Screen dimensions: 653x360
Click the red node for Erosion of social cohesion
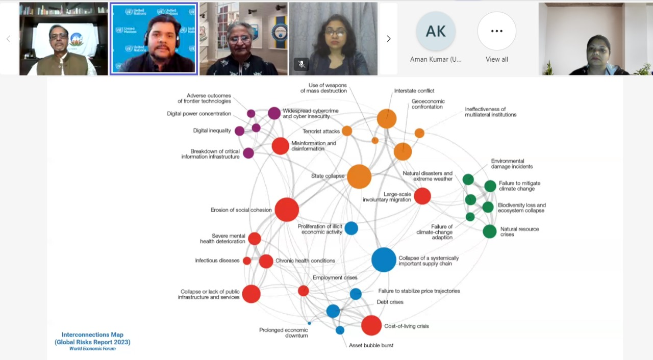[287, 210]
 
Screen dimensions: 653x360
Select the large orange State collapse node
[359, 176]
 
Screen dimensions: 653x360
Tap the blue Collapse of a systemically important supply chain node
[384, 260]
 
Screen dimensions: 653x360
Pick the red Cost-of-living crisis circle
[371, 325]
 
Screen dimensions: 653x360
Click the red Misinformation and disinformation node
[281, 146]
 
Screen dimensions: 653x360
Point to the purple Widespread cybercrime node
[274, 113]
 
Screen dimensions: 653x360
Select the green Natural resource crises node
[489, 232]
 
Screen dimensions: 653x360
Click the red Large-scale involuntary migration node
[422, 196]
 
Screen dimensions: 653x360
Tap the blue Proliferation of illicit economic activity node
[351, 228]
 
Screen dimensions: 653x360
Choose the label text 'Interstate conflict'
[414, 91]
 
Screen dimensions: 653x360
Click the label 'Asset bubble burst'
[371, 345]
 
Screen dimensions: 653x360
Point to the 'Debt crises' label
[390, 302]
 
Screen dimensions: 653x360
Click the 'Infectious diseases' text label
[217, 261]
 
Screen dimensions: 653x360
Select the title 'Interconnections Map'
[92, 335]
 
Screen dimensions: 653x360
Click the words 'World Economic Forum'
[92, 349]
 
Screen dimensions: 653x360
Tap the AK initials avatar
[436, 31]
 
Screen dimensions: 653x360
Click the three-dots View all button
[497, 31]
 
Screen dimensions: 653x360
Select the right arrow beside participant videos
[389, 39]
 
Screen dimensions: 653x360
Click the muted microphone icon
[302, 64]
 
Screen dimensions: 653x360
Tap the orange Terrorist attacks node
[347, 131]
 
